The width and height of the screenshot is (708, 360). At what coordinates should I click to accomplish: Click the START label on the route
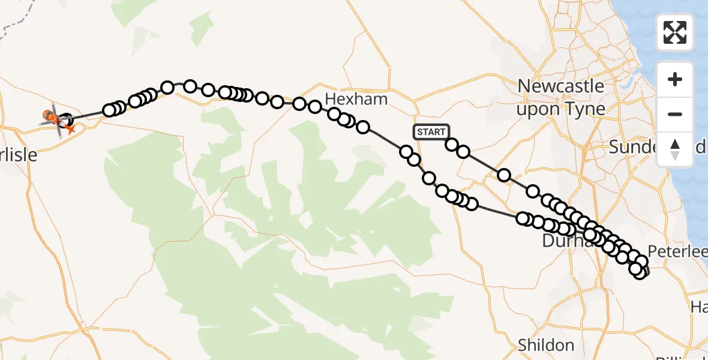click(x=430, y=132)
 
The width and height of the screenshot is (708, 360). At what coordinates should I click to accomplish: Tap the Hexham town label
click(x=356, y=99)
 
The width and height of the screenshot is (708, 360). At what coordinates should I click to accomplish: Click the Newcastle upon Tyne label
click(x=560, y=97)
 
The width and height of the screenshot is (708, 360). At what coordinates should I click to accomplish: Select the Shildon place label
click(x=545, y=346)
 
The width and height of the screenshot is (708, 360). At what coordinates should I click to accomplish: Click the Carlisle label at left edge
click(x=18, y=155)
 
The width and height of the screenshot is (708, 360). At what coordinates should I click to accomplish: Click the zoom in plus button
click(x=675, y=79)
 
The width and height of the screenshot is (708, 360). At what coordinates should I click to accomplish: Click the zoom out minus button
click(x=675, y=114)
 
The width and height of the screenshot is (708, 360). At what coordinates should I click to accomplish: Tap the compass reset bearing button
click(x=675, y=149)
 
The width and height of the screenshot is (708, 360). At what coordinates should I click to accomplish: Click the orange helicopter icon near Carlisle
click(x=51, y=115)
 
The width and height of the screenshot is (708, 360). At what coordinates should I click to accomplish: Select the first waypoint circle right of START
click(x=452, y=145)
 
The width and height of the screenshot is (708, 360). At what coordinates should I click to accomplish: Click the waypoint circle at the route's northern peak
click(x=190, y=86)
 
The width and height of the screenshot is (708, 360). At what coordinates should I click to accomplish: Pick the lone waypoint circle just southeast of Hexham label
click(x=363, y=127)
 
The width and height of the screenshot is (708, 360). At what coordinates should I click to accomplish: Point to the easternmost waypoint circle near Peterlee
click(x=642, y=262)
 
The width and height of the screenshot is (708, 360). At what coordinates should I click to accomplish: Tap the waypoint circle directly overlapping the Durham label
click(x=564, y=229)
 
